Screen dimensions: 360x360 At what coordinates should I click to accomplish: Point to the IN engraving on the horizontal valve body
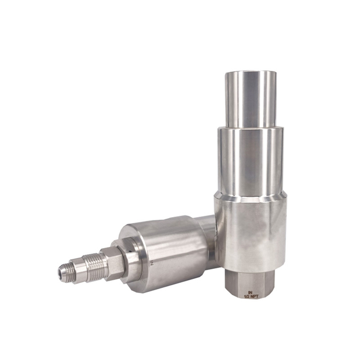(152, 262)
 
